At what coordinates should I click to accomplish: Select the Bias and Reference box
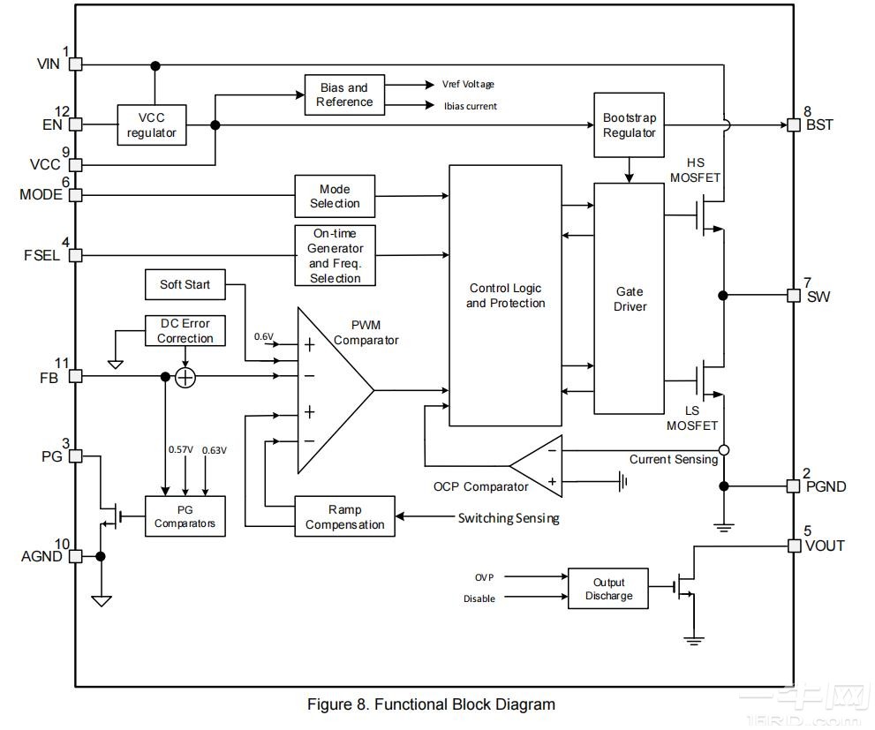344,94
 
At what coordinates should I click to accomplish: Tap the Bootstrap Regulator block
630,124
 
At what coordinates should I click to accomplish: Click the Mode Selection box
334,196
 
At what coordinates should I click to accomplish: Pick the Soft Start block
185,284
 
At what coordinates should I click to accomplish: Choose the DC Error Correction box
185,331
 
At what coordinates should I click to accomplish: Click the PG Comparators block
185,516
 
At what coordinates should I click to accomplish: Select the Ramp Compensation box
344,517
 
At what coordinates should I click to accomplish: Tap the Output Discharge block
608,589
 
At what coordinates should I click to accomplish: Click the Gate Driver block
630,298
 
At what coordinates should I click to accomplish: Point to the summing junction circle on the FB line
185,377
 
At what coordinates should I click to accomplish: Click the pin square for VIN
76,64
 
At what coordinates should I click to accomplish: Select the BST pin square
793,124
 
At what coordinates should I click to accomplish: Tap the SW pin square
793,295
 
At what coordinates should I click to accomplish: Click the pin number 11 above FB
61,363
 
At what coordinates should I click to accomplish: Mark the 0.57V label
181,450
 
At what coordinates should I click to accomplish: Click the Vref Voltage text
468,85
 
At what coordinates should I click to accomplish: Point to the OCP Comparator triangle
539,465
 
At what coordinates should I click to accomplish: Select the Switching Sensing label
509,518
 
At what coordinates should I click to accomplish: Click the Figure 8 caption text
431,704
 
